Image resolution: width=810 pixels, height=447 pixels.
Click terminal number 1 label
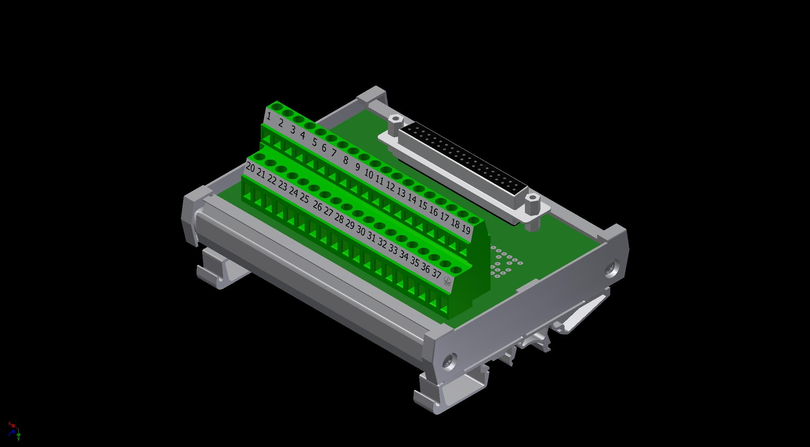point(269,116)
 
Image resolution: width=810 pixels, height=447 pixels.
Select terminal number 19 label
point(466,230)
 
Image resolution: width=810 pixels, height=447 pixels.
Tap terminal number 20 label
point(250,167)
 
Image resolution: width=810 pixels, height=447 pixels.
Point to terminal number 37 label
point(436,274)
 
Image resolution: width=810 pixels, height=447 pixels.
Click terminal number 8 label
point(345,160)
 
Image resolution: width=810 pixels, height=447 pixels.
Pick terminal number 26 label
point(317,206)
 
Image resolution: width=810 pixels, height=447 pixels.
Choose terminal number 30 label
point(360,231)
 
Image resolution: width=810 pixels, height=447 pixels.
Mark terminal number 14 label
point(412,199)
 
